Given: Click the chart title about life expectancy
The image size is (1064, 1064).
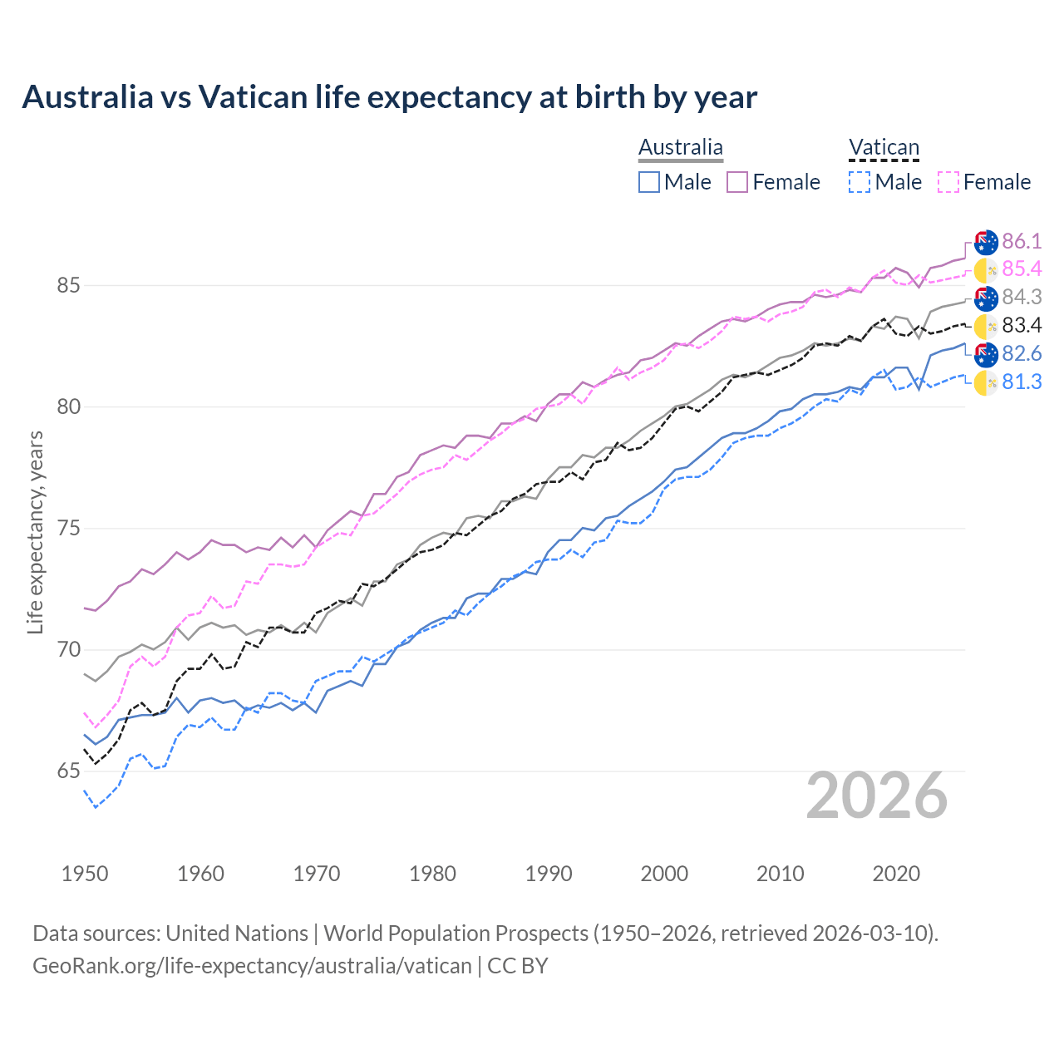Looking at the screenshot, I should [389, 97].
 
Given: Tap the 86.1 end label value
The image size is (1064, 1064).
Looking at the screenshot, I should [1022, 241].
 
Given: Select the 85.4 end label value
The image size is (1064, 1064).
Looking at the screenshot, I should [1022, 268].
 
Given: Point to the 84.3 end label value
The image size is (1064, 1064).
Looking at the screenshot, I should [1022, 297].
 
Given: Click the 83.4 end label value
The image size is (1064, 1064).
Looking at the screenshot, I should [1022, 325].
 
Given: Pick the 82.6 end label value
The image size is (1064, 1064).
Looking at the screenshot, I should [1022, 353].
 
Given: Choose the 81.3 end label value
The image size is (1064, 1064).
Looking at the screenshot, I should [1022, 382].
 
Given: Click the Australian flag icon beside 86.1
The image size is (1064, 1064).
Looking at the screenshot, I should [986, 242].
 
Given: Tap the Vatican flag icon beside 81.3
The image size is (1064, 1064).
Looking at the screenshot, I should [986, 382].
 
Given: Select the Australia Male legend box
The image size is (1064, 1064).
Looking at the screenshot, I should [649, 182].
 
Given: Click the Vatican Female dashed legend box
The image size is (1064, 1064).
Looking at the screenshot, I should [948, 182].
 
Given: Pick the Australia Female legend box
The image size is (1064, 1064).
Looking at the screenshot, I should [737, 182].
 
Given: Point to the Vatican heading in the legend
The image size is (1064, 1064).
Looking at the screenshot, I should [884, 148].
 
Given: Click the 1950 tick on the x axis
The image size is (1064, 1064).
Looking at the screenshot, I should [85, 874].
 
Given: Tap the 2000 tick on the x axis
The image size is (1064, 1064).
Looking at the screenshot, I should [664, 874].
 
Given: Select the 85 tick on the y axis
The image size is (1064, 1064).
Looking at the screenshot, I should [68, 285].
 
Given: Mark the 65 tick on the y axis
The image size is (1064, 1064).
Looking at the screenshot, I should [68, 771].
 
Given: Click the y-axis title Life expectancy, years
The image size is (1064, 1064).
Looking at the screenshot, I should [35, 532].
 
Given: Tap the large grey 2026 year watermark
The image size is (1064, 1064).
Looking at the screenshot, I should [877, 796].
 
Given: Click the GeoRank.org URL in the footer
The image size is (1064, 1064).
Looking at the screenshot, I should [252, 966].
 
